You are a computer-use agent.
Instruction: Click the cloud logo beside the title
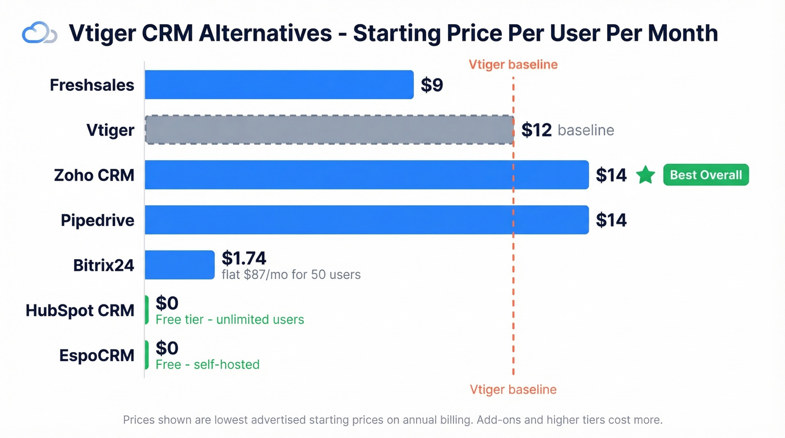coord(39,33)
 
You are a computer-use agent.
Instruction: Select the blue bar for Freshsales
coord(279,85)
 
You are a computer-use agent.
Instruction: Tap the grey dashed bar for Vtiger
coord(329,130)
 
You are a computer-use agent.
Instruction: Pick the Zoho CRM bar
coord(366,175)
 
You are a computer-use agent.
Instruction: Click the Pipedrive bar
coord(366,220)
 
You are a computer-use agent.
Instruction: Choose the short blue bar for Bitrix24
coord(179,265)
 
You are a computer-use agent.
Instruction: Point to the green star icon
coord(646,175)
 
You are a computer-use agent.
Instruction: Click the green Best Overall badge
coord(706,175)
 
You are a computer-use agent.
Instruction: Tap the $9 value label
coord(432,85)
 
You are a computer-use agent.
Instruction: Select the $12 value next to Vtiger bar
coord(537,130)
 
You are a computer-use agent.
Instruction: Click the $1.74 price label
coord(244,258)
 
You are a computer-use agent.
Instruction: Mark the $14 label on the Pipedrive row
coord(611,220)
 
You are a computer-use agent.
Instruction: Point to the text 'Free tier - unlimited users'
coord(230,320)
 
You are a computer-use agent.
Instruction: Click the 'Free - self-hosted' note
coord(207,365)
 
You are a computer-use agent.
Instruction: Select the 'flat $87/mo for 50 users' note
coord(291,275)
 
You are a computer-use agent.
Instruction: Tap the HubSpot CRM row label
coord(80,310)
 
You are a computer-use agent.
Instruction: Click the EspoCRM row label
coord(97,356)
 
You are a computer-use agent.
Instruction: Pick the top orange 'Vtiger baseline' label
coord(513,64)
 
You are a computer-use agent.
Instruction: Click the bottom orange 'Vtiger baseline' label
coord(513,390)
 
